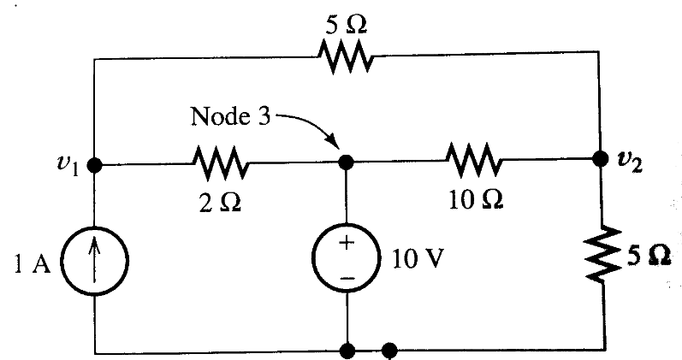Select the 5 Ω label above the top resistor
point(346,23)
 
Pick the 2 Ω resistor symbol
point(221,162)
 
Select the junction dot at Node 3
point(347,162)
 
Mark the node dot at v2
point(599,160)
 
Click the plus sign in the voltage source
point(347,242)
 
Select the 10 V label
point(414,260)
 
